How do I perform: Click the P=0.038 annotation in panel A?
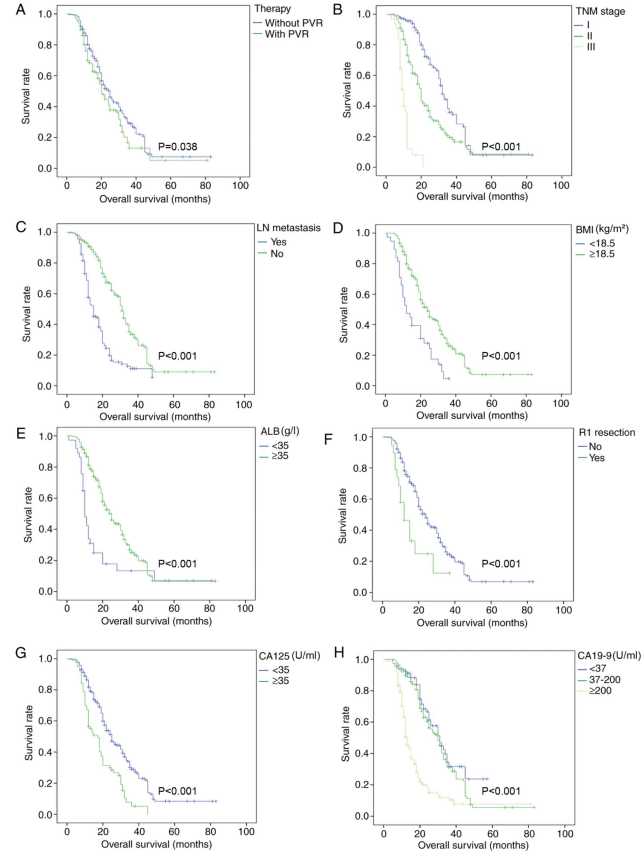click(177, 147)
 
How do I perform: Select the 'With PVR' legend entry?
click(287, 34)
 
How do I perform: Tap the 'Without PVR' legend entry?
click(294, 23)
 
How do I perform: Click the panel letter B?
click(337, 9)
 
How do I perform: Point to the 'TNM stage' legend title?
click(600, 12)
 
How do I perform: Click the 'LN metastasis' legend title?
click(289, 228)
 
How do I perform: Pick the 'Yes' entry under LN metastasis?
click(278, 242)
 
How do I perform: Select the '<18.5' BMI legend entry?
click(602, 243)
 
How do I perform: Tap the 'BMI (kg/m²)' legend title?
click(602, 229)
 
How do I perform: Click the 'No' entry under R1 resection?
click(595, 446)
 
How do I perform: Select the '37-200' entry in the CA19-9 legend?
click(605, 679)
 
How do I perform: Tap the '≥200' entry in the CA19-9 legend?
click(600, 690)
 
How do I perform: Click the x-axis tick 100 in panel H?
click(565, 833)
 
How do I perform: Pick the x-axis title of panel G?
click(156, 844)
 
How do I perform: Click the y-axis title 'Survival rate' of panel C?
click(26, 313)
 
